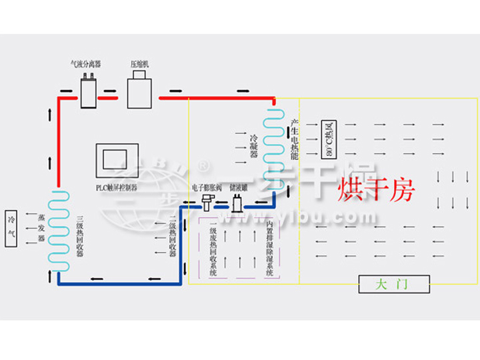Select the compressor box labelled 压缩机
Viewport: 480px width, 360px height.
pyautogui.click(x=140, y=88)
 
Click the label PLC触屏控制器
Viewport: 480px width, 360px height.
pyautogui.click(x=116, y=188)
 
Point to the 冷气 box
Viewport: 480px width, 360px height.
pyautogui.click(x=11, y=227)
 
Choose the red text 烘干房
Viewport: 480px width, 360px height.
pyautogui.click(x=377, y=190)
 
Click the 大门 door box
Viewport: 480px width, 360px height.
pyautogui.click(x=393, y=285)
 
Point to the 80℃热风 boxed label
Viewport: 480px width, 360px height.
pyautogui.click(x=328, y=140)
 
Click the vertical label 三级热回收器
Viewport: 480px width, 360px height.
pyautogui.click(x=79, y=236)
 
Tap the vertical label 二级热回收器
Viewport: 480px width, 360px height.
pyautogui.click(x=172, y=236)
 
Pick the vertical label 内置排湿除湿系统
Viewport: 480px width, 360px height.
pyautogui.click(x=269, y=243)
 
